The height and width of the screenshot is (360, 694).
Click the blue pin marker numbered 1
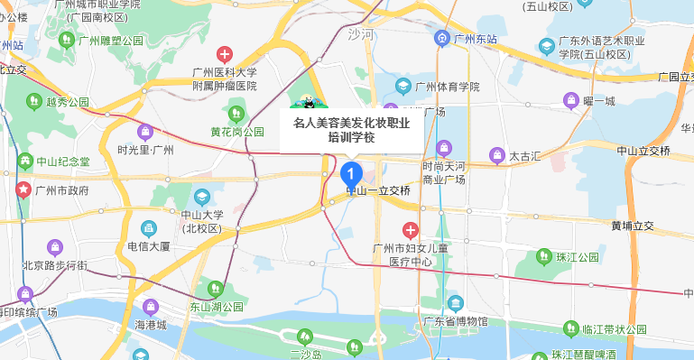pos(352,171)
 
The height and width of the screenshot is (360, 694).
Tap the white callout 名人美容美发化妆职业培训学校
pos(352,130)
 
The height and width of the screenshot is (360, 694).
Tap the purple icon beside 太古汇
pos(495,156)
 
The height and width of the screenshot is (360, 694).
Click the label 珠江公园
pos(578,257)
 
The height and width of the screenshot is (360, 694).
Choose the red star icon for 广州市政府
pos(23,190)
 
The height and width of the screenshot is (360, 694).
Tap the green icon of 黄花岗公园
pos(236,114)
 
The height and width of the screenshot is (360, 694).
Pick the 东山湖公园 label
pos(216,308)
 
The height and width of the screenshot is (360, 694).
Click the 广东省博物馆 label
pos(457,321)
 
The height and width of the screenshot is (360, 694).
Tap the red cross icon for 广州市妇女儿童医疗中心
pos(411,231)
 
